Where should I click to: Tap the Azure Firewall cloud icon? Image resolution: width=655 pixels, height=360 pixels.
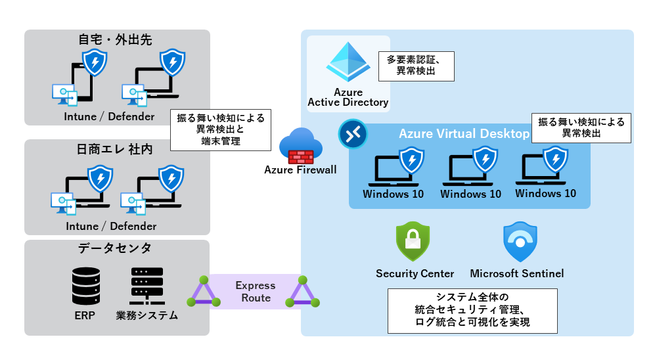[300, 146]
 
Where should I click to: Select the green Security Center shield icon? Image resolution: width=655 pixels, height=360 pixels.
[413, 242]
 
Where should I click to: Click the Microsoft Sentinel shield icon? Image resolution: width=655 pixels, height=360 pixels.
[520, 242]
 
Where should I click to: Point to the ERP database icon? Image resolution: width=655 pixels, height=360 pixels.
[85, 286]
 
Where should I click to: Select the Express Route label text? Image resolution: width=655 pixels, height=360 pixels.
[256, 292]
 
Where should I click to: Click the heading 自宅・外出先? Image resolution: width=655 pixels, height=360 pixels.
[115, 40]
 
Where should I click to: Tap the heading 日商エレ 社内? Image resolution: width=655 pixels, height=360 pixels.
[115, 150]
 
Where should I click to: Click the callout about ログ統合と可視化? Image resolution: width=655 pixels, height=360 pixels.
[472, 309]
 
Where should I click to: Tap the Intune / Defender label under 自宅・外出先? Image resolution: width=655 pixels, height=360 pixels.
[110, 117]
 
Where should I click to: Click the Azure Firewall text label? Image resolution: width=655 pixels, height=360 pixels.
[300, 170]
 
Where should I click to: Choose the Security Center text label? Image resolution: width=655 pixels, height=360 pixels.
[415, 273]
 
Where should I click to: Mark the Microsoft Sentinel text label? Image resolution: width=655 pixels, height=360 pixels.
[516, 273]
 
